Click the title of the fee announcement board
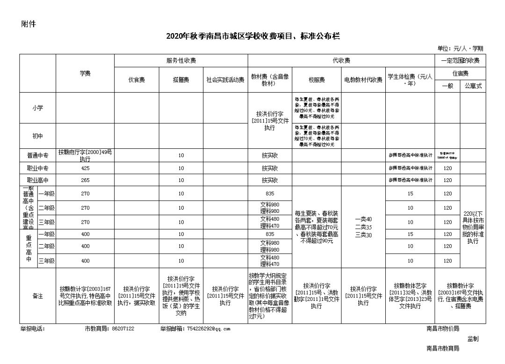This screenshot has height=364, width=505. click(x=252, y=36)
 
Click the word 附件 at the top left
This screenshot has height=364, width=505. click(x=29, y=24)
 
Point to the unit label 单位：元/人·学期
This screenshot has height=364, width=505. click(x=460, y=49)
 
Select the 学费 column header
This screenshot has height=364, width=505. click(x=85, y=73)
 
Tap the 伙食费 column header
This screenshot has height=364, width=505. click(x=137, y=80)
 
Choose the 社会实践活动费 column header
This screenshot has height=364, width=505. click(x=225, y=80)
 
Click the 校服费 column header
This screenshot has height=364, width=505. click(x=316, y=80)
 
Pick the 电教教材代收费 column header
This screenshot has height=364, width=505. click(x=363, y=80)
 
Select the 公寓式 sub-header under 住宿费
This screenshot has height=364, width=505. click(x=473, y=86)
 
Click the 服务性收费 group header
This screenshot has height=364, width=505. click(x=181, y=60)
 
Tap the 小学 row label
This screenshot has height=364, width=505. click(x=37, y=108)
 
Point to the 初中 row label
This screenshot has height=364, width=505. click(x=37, y=136)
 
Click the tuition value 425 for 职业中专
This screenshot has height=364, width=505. click(x=85, y=168)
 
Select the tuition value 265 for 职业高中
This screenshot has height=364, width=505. click(x=85, y=180)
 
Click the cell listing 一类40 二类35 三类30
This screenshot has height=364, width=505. click(x=363, y=227)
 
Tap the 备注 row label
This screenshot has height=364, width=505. click(x=37, y=296)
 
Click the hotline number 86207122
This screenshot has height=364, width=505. click(x=123, y=328)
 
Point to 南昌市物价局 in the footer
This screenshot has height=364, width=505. click(x=442, y=328)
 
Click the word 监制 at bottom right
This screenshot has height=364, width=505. click(x=473, y=339)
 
